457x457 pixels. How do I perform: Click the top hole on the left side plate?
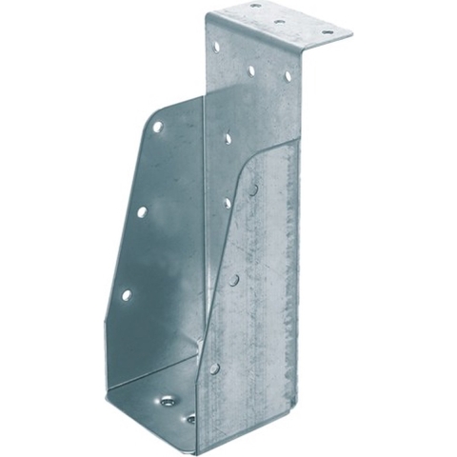click(157, 127)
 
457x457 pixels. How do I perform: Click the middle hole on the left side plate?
click(141, 211)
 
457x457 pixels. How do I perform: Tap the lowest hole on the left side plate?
click(126, 295)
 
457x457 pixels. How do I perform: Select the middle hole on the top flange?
click(279, 19)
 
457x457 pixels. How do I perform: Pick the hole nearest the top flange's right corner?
click(327, 31)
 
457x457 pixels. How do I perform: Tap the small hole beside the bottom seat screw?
click(190, 418)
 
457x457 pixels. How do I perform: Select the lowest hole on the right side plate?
click(215, 368)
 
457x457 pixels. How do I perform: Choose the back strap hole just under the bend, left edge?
click(217, 46)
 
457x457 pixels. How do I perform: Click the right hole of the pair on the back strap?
click(288, 75)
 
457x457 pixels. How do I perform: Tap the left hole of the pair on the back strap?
click(251, 70)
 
